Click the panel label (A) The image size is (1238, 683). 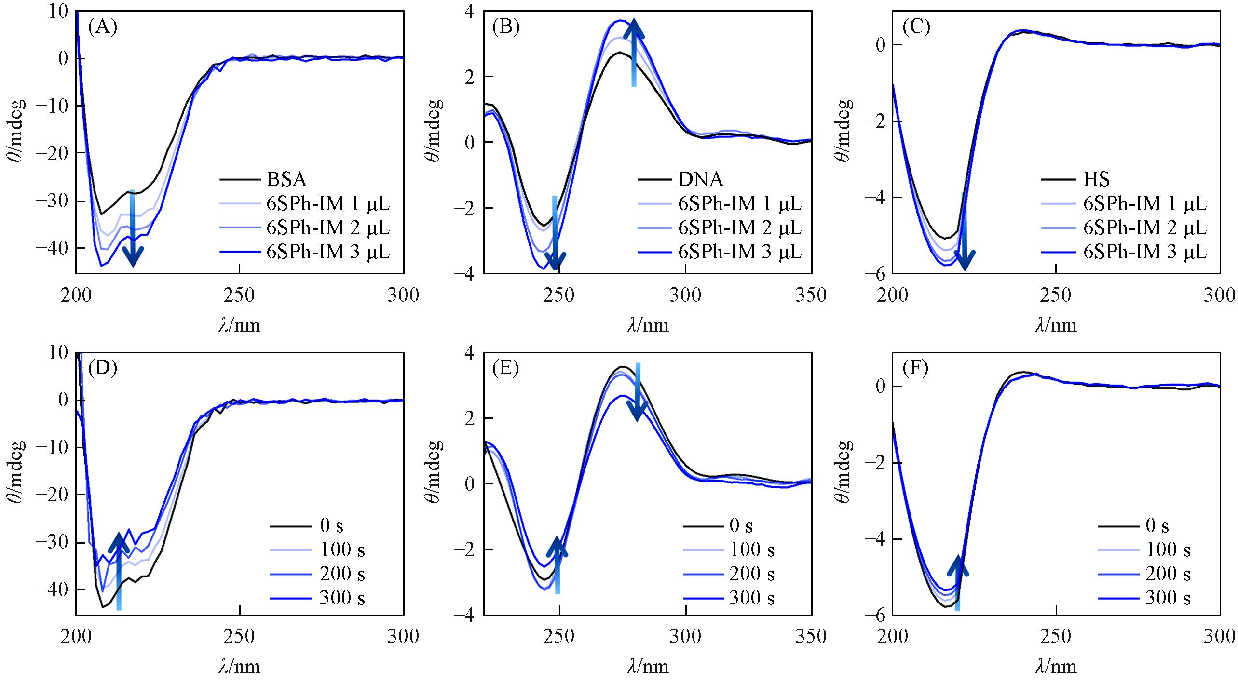[x=102, y=27]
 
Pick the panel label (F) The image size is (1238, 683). [x=915, y=369]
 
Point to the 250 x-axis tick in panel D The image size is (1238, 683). [x=240, y=637]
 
